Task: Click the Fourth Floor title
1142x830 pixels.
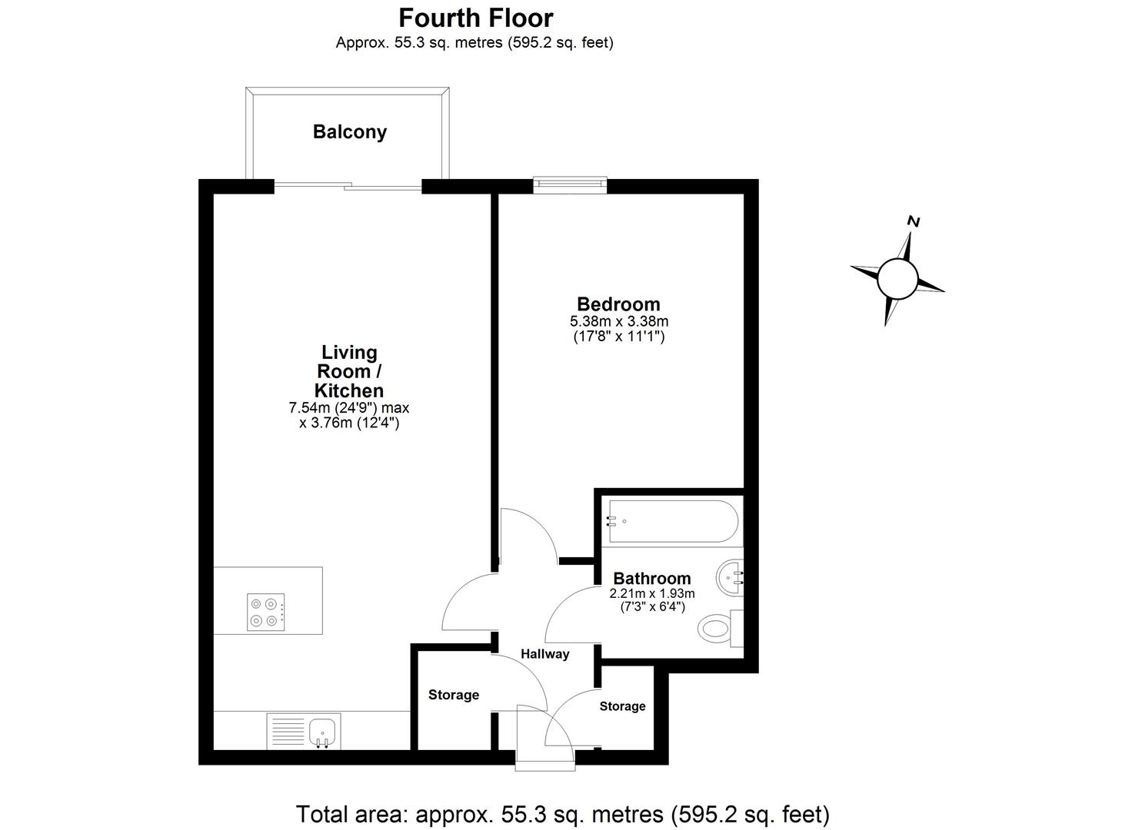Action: point(475,18)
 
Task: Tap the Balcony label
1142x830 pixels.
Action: point(349,132)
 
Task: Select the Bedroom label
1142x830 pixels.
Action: point(618,304)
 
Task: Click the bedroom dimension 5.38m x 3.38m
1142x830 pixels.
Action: point(618,321)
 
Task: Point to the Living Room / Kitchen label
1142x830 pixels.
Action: point(349,371)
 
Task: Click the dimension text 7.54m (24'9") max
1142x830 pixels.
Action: point(349,408)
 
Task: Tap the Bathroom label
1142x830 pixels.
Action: point(651,579)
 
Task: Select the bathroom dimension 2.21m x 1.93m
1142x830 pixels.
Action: point(651,594)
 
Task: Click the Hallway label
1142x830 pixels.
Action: point(544,654)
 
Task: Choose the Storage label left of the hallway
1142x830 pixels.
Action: point(453,695)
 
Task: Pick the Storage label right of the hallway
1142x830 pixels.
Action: point(622,706)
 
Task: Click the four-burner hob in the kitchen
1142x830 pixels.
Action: point(266,613)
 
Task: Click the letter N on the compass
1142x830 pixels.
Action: point(914,222)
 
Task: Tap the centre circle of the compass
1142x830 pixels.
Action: point(897,277)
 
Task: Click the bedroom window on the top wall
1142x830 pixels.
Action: point(570,184)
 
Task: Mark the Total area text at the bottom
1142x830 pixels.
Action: point(562,814)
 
